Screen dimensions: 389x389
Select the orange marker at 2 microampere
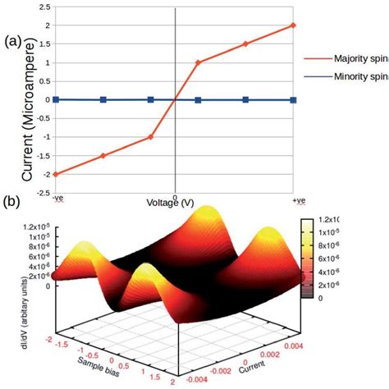coord(294,25)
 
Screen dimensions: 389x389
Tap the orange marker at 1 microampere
coord(198,62)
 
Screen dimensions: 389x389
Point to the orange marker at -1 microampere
coord(150,137)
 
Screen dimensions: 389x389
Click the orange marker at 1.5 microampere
coord(245,44)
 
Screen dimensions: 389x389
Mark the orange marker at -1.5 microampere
coord(103,155)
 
